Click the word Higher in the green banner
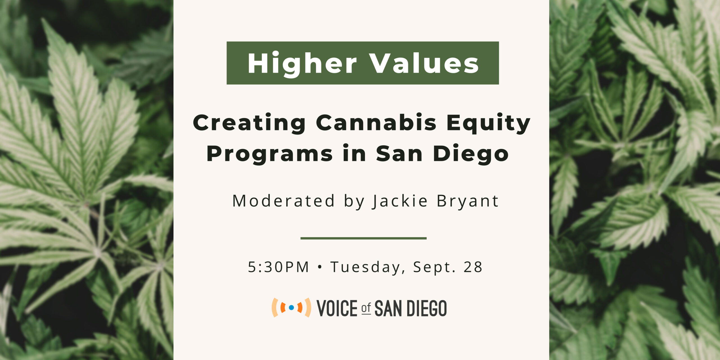pos(302,64)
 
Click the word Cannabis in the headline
pos(376,123)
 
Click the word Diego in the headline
pos(471,154)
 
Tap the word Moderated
pos(283,201)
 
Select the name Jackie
pos(400,201)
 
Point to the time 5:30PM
pos(278,267)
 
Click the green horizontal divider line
pos(363,238)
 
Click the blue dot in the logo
pos(291,307)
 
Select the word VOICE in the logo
pos(337,308)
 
